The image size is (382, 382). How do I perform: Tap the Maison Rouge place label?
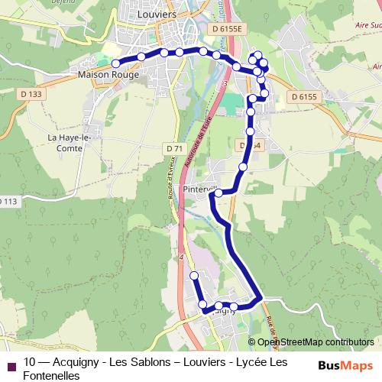click(108, 75)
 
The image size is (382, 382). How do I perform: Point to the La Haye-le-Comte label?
click(70, 142)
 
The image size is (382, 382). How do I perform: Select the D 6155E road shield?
click(228, 29)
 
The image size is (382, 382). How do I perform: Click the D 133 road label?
click(34, 94)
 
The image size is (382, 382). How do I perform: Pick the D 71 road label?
click(174, 147)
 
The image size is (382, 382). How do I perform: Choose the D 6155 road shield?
click(303, 97)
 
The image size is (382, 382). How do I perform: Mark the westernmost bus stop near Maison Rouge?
click(115, 63)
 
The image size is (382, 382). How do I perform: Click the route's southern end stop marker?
click(194, 275)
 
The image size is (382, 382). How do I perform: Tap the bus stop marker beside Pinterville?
click(219, 193)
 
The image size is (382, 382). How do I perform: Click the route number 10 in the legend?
click(30, 362)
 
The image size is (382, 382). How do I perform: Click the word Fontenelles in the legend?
click(51, 375)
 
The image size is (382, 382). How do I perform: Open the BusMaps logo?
click(345, 365)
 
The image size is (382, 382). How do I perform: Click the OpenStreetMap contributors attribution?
click(316, 342)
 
